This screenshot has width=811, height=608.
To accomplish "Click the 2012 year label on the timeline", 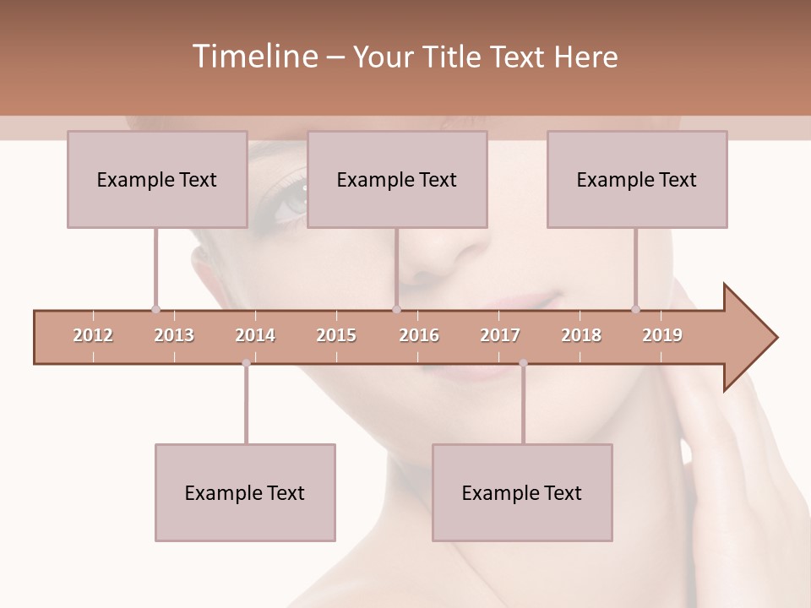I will [93, 335].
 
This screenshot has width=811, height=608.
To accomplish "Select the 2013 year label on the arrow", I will [174, 335].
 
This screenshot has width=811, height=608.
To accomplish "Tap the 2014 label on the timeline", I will [255, 335].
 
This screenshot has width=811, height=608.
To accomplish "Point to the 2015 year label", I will [336, 335].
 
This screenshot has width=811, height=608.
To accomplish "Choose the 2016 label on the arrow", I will [419, 335].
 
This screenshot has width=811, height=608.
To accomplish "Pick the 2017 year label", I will [500, 335].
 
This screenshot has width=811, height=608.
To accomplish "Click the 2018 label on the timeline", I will [581, 335].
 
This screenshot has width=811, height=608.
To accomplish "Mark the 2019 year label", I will [662, 335].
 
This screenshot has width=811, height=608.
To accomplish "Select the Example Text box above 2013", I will [157, 179].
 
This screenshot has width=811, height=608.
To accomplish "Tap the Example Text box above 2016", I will [397, 179].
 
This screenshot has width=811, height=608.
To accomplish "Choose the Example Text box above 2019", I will [637, 179].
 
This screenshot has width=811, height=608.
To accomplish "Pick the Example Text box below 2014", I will [245, 492].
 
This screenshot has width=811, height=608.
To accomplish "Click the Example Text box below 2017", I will [522, 492].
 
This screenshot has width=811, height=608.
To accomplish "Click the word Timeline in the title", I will [253, 57].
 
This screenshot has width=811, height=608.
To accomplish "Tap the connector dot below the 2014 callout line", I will [246, 363].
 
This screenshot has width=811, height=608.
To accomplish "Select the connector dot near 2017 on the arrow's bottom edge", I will [523, 363].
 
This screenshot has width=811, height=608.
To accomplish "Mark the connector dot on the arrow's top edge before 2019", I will [636, 309].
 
